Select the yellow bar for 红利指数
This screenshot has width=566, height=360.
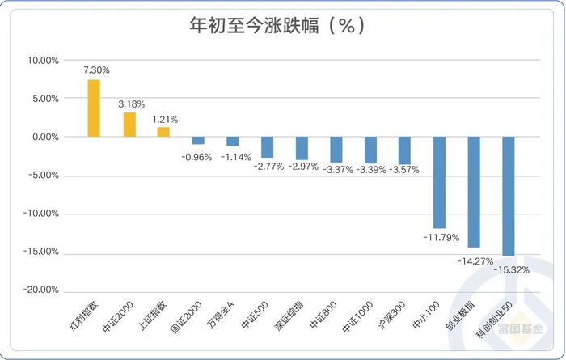pos(94,108)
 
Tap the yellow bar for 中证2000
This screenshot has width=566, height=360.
pos(129,125)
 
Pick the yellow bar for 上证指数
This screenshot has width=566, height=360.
pos(163,132)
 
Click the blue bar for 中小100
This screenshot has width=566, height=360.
pos(440,182)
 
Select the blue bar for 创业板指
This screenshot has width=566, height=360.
pos(474,192)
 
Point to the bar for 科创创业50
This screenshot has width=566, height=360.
pos(509,196)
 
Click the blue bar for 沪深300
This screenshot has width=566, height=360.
pos(405,150)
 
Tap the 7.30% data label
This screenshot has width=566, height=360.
pos(96,70)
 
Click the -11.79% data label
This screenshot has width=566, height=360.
pos(440,238)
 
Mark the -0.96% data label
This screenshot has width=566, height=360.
pos(195,155)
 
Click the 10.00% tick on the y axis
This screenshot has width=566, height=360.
pos(44,61)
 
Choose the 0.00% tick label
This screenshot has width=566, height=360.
pos(45,138)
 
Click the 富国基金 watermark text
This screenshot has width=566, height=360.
pos(520,331)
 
